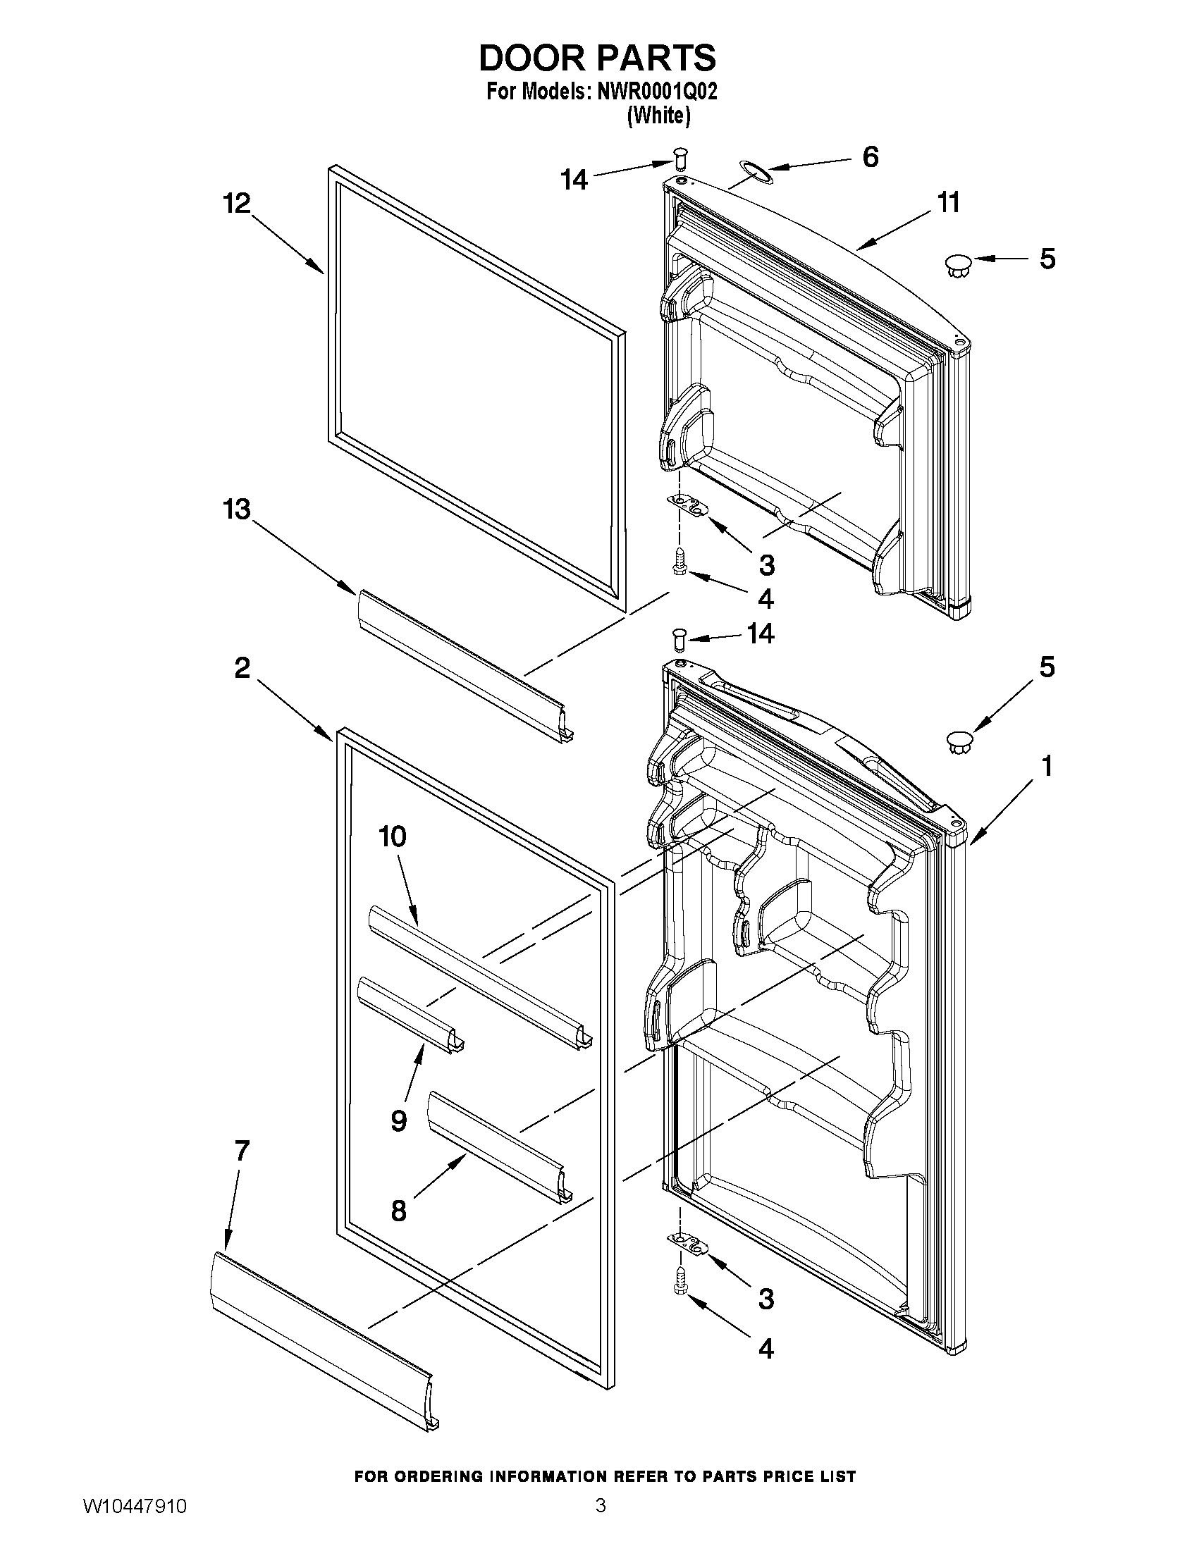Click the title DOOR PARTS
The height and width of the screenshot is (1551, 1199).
click(x=597, y=58)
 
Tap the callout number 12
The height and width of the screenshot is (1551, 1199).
click(x=238, y=204)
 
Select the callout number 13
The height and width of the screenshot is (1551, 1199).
click(x=238, y=509)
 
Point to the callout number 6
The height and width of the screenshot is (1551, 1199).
click(x=870, y=157)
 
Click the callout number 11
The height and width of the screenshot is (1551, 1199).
click(x=948, y=203)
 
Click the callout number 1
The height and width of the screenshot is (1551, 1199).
click(x=1045, y=766)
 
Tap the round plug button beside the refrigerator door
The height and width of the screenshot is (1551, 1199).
click(x=958, y=743)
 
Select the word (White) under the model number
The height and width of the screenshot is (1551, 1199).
click(x=658, y=116)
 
